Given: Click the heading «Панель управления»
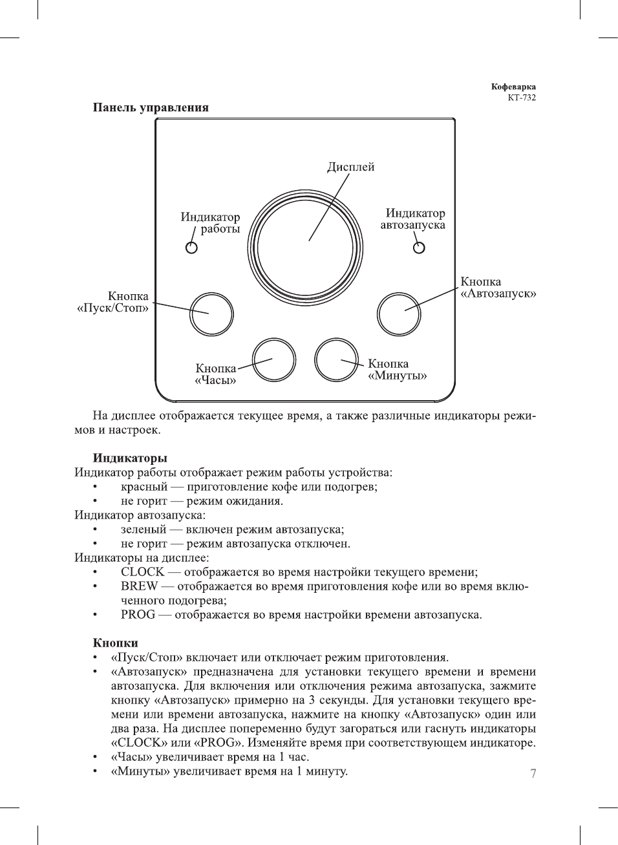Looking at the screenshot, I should pyautogui.click(x=151, y=107).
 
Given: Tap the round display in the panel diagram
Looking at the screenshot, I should pyautogui.click(x=305, y=248).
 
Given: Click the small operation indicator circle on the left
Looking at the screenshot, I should pyautogui.click(x=191, y=248).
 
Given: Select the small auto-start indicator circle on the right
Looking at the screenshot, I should pyautogui.click(x=419, y=248).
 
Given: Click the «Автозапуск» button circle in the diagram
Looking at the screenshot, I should pyautogui.click(x=399, y=314).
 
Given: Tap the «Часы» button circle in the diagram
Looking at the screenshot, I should pyautogui.click(x=273, y=359).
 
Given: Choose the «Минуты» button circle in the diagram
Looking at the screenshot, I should pyautogui.click(x=336, y=359).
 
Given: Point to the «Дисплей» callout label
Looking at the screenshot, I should pyautogui.click(x=350, y=167).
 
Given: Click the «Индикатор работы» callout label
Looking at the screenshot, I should pyautogui.click(x=210, y=223).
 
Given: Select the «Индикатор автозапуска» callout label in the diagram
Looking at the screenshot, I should pyautogui.click(x=413, y=219).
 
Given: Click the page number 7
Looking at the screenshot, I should pyautogui.click(x=533, y=773).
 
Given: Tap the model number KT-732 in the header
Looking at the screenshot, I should pyautogui.click(x=522, y=98).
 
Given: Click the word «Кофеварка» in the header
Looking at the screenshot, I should pyautogui.click(x=513, y=87).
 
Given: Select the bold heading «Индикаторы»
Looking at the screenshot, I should pyautogui.click(x=130, y=458).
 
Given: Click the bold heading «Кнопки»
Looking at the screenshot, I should pyautogui.click(x=116, y=643).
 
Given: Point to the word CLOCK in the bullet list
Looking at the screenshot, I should pyautogui.click(x=142, y=572).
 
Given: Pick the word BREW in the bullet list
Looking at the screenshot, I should pyautogui.click(x=139, y=586).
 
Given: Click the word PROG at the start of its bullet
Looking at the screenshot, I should pyautogui.click(x=138, y=614).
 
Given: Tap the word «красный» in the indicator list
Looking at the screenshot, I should pyautogui.click(x=144, y=487).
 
